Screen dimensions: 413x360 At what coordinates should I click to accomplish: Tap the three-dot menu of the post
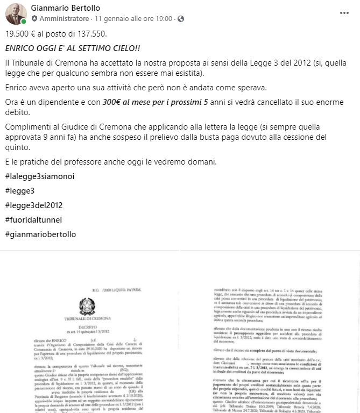(344, 12)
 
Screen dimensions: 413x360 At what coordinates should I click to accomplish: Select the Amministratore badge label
(64, 18)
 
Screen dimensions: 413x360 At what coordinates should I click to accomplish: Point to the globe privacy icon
(180, 18)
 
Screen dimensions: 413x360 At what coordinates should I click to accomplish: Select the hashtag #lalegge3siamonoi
(37, 176)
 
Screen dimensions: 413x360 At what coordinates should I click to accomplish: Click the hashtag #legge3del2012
(34, 205)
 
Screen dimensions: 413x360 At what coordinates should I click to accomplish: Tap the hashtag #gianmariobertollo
(41, 234)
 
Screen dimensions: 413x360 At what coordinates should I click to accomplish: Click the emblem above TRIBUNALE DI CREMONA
(87, 307)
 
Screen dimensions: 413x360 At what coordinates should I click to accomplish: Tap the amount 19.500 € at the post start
(22, 33)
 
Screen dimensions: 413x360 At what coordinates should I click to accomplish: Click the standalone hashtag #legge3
(20, 191)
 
